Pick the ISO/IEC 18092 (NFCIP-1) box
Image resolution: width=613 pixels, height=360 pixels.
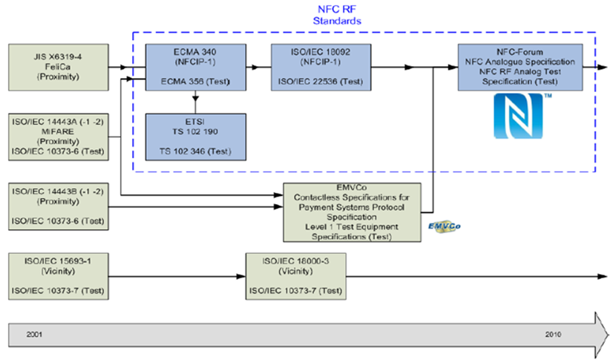(x=318, y=66)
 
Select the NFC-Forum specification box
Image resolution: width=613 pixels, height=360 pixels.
(x=519, y=66)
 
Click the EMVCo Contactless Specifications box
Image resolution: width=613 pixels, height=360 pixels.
(x=353, y=212)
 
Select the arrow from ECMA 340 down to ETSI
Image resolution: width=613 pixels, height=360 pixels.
(x=194, y=102)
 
